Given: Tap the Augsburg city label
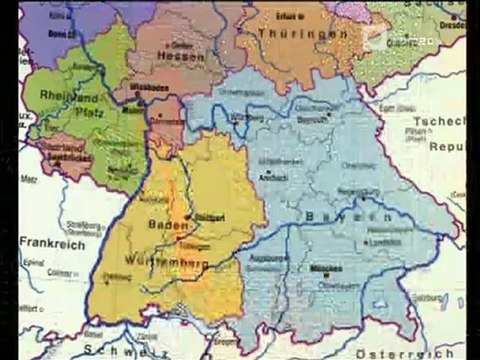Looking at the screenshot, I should click(x=279, y=258).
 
